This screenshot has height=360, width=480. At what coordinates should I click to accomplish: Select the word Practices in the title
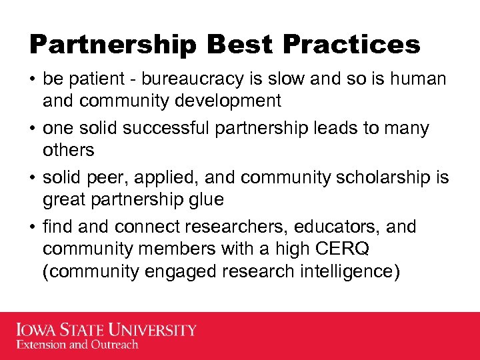352,45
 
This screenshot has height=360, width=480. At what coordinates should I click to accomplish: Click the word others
68,150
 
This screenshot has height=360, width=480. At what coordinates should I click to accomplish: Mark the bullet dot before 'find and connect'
33,227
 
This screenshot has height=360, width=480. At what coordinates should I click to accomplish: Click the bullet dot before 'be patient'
33,79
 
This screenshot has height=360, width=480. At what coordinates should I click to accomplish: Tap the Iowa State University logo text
106,330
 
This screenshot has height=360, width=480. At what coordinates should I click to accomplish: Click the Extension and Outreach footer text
77,345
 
